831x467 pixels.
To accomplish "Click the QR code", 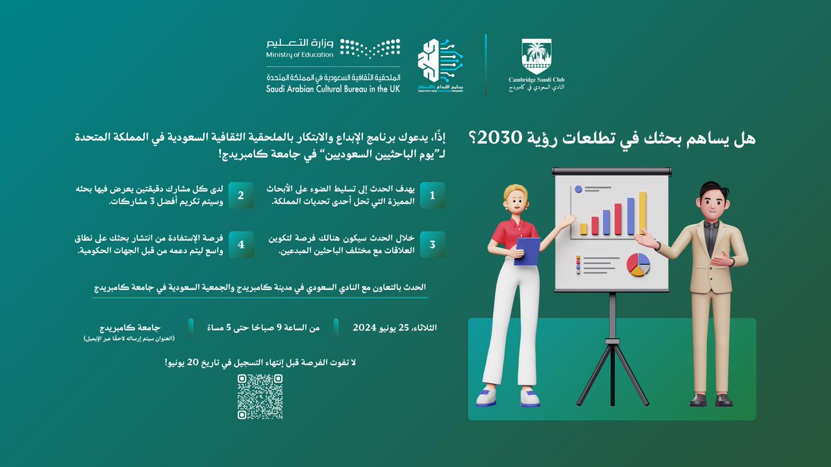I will (260, 396).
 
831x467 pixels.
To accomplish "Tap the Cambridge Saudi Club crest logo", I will (536, 56).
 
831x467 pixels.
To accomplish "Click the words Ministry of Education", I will (298, 55).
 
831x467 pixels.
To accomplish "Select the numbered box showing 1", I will (432, 196).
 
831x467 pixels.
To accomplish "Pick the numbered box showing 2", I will (240, 196).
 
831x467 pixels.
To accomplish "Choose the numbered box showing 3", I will (432, 245).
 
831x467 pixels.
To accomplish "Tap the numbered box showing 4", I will (240, 245).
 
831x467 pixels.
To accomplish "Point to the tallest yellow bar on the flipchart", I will (642, 213).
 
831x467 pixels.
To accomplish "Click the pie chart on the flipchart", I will (638, 264).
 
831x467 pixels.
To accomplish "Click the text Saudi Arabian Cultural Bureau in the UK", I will (333, 89).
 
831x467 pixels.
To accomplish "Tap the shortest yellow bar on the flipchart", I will (584, 228).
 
